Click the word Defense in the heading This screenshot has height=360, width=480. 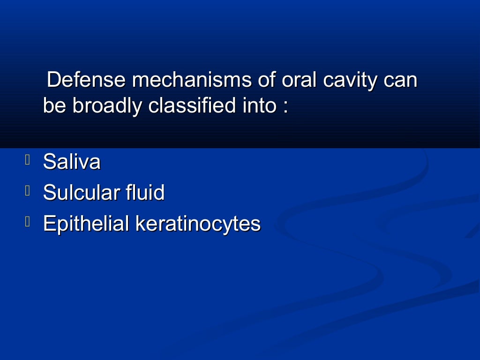coord(86,80)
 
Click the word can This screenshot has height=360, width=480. coord(400,81)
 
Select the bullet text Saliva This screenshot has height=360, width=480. coord(72,162)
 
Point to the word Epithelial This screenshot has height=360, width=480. coord(86,224)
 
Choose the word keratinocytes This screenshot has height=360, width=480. coord(198,224)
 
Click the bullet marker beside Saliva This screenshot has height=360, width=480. coord(28,161)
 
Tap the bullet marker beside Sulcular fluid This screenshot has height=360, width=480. coord(28,191)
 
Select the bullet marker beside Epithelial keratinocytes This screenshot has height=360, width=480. coord(28,222)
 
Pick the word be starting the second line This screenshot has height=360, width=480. coord(55,106)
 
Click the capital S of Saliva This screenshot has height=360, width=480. coord(48,162)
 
